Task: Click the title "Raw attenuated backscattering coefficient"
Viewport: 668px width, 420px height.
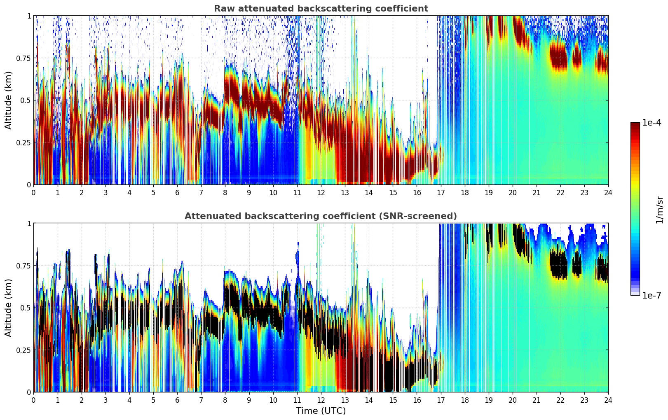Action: pos(321,9)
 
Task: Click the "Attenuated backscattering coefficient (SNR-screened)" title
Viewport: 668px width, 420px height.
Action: pos(321,216)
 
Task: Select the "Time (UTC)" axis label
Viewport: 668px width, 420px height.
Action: pos(321,411)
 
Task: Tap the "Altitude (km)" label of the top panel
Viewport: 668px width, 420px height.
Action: pos(9,100)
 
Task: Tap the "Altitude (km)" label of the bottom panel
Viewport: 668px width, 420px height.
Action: pos(9,308)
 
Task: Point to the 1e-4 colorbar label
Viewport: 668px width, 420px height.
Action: pos(652,123)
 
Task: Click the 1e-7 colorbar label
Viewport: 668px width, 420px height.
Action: pos(652,296)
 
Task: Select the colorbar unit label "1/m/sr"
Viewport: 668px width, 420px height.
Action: pos(659,210)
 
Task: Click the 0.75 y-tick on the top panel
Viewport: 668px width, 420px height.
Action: pos(23,58)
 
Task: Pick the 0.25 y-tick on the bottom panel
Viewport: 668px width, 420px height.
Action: pos(23,350)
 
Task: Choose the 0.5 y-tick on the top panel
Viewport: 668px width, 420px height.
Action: pos(26,100)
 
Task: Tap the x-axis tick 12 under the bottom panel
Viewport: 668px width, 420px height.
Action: pos(321,400)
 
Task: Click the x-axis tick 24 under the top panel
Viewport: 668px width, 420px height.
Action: pos(608,193)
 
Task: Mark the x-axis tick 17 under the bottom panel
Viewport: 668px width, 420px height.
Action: pos(441,400)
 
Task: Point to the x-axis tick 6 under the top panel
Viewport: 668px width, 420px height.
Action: pos(177,193)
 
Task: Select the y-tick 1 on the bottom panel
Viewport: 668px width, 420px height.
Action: pos(29,224)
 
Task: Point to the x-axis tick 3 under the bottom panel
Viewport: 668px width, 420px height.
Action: pos(105,400)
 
